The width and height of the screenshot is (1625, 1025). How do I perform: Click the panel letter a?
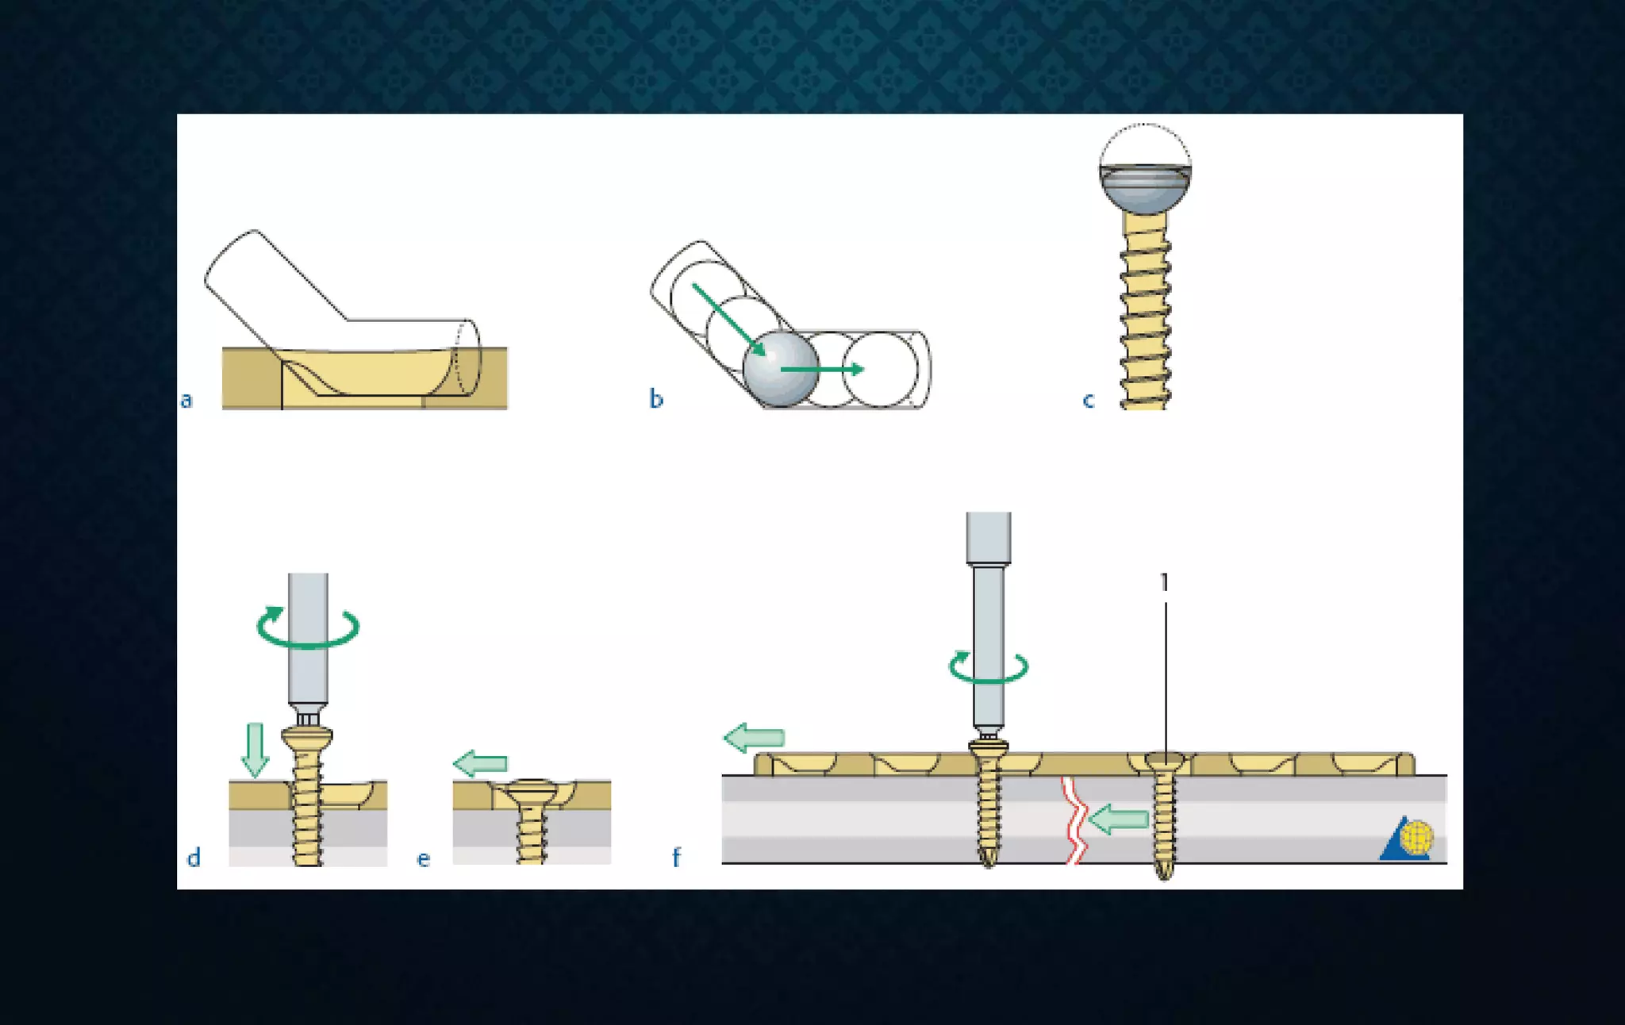[186, 400]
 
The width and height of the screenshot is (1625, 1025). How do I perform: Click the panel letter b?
[655, 398]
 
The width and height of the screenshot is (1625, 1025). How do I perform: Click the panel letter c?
[1088, 400]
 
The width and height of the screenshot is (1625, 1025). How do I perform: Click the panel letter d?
[193, 858]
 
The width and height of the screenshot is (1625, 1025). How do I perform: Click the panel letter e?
[423, 859]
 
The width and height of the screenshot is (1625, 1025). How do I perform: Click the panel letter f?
[676, 858]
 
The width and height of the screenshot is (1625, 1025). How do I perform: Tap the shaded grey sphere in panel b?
[780, 370]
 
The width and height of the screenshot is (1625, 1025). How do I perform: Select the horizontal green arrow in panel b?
[822, 369]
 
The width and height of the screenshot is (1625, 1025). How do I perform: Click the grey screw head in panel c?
[1144, 189]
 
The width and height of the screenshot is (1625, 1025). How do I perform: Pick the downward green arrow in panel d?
[255, 750]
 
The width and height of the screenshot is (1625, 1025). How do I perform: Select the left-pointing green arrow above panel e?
[481, 763]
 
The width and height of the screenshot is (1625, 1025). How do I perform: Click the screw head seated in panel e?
[532, 790]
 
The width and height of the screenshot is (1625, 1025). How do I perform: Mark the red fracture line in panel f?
[1074, 821]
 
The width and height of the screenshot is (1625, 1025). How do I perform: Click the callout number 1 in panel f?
[1164, 582]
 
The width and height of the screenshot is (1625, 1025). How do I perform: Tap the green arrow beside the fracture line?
[1119, 820]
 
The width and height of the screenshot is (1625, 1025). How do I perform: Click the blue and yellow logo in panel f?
[1408, 839]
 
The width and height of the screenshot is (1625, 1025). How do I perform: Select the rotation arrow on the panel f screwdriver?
[989, 667]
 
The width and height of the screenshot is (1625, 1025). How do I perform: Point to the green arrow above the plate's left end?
[755, 738]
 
